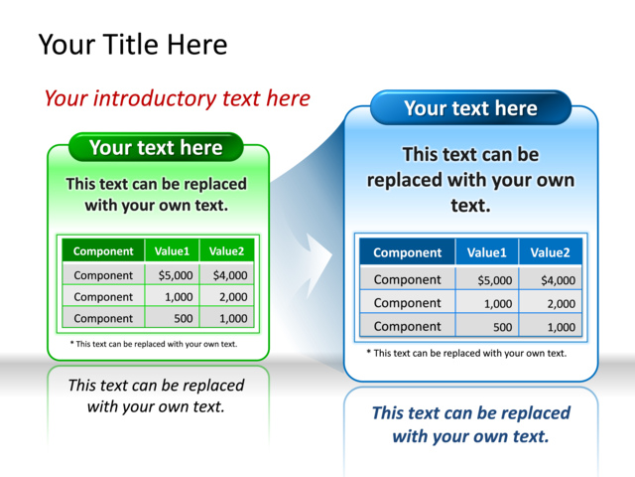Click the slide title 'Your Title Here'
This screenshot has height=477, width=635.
coord(132,45)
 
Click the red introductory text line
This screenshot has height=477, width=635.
coord(177,98)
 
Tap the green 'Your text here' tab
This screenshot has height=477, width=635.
coord(156,148)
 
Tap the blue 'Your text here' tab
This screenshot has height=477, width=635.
coord(470,108)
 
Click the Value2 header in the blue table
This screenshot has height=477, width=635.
coord(551,252)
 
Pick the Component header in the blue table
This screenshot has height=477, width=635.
coord(407,252)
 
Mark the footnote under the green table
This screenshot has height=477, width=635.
coord(154,344)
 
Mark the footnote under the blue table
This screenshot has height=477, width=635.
coord(466,353)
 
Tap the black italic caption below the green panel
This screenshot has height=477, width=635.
coord(156,396)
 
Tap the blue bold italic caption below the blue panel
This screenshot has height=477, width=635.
coord(470,424)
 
